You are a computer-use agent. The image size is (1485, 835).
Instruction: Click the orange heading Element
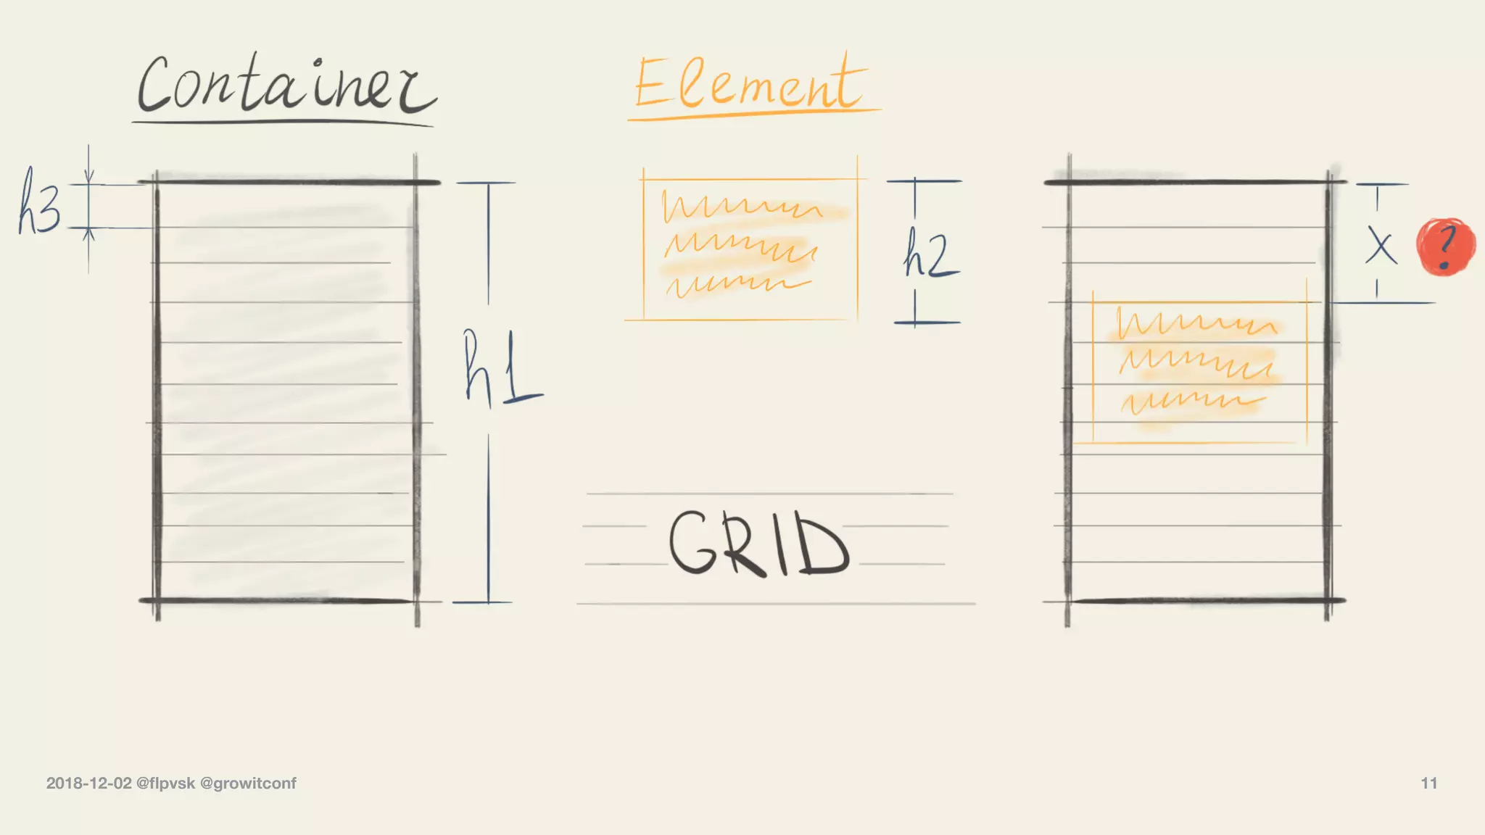coord(750,86)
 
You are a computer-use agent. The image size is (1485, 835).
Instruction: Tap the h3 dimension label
coord(39,202)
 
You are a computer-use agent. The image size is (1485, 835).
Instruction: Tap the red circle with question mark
coord(1446,246)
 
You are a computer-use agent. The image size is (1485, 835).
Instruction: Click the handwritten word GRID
coord(758,543)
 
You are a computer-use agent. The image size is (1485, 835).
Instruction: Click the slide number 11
coord(1428,784)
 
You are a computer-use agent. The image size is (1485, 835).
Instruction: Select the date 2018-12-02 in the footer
coord(89,784)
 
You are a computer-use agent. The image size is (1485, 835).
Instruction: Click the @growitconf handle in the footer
coord(248,784)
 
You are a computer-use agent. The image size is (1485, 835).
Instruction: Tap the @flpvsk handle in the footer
coord(166,784)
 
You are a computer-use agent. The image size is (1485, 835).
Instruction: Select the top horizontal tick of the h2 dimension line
coord(924,181)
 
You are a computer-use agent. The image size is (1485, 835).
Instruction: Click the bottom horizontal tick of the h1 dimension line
coord(482,602)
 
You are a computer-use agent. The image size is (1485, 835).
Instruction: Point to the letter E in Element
coord(650,83)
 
